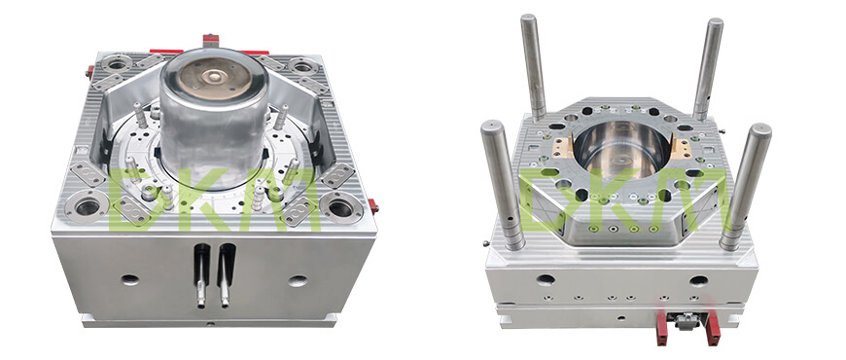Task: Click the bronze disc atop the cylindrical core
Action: click(x=215, y=78)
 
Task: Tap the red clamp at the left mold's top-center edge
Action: click(x=211, y=41)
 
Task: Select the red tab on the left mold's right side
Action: click(x=372, y=206)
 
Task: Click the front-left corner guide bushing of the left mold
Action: click(x=87, y=205)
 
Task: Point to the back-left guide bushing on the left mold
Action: click(x=117, y=64)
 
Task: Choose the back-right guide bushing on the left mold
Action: click(x=302, y=66)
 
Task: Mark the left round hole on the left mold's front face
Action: click(x=129, y=279)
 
